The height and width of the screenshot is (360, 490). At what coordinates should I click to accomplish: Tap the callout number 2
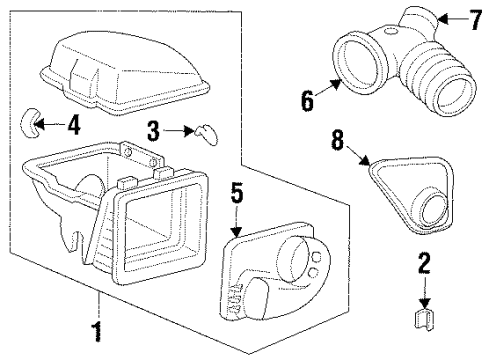[424, 263]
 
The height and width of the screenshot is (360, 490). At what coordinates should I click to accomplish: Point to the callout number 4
[74, 126]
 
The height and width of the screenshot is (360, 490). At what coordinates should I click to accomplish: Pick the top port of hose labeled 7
[415, 17]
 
